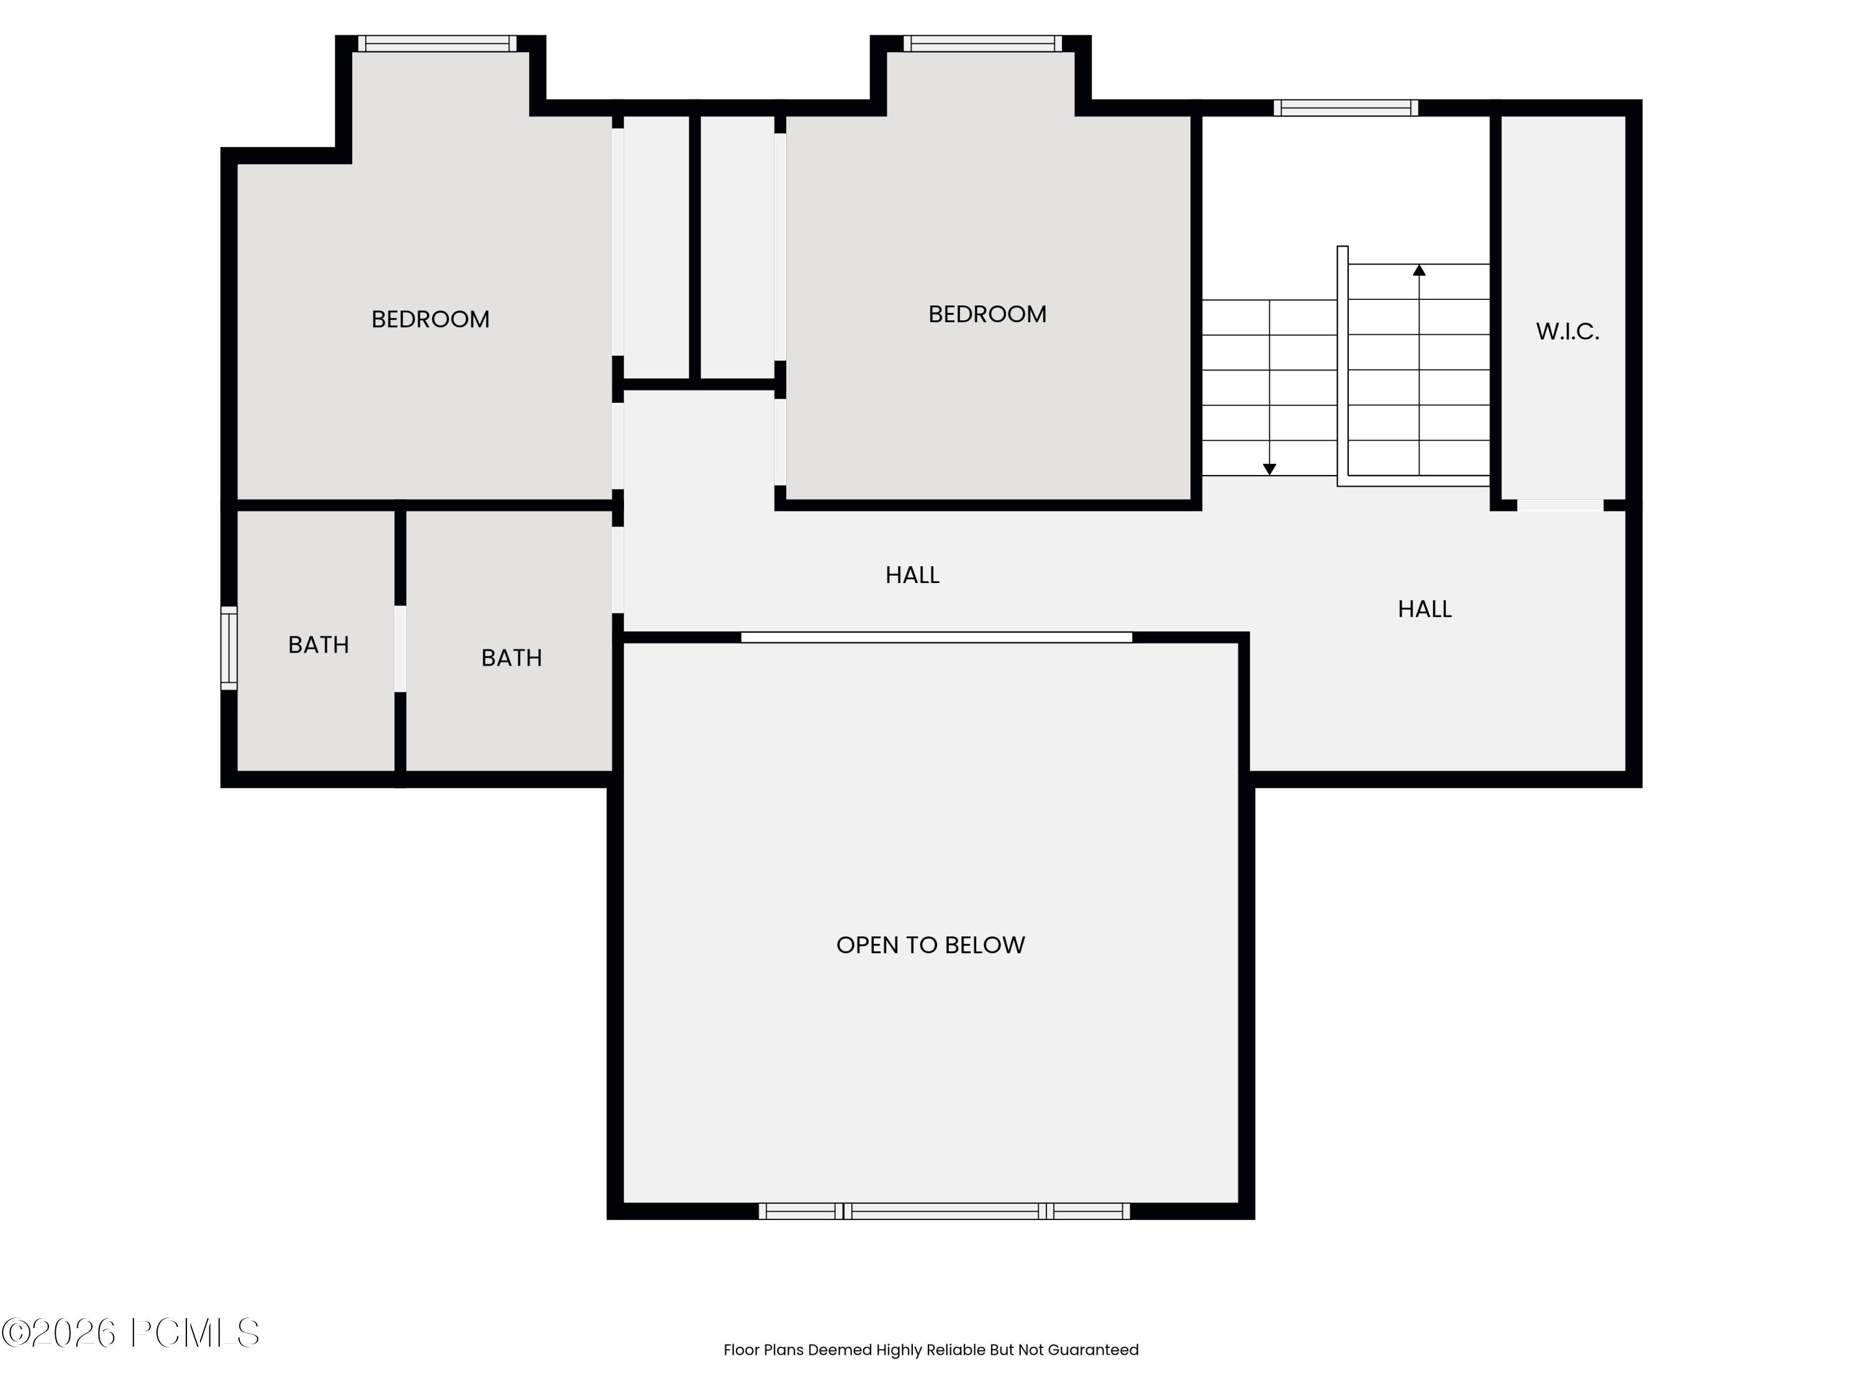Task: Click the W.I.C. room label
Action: coord(1567,331)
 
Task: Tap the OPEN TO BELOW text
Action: coord(930,945)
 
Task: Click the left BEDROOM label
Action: coord(430,319)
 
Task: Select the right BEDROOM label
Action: coord(987,314)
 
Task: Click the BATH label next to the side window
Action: coord(319,644)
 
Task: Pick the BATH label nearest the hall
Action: coord(511,658)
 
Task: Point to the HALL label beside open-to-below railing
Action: coord(912,575)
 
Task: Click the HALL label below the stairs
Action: coord(1424,609)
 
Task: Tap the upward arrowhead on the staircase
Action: coord(1419,270)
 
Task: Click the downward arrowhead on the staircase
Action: coord(1269,469)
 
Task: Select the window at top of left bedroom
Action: coord(437,43)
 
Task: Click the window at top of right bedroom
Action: coord(982,43)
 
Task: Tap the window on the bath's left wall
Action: coord(229,648)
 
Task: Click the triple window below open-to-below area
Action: coord(943,1211)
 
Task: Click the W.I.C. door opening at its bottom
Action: coord(1560,505)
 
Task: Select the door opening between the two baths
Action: coord(400,648)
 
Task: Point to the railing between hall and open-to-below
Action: coord(936,638)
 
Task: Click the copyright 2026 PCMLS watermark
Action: coord(130,1333)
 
